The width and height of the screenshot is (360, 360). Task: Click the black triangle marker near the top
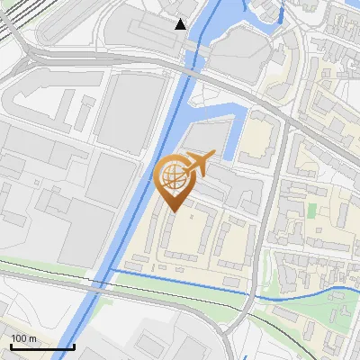coord(181,24)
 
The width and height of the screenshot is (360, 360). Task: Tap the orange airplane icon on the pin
coord(199,163)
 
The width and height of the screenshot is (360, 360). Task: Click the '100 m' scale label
coord(23,338)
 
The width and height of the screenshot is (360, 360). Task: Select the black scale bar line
coord(41,346)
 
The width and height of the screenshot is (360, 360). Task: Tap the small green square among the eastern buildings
coord(312,210)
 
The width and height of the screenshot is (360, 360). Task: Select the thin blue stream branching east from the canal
coord(180,281)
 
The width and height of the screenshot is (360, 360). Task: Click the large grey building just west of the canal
coord(130,112)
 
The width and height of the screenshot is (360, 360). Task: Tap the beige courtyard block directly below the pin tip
coord(184,238)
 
